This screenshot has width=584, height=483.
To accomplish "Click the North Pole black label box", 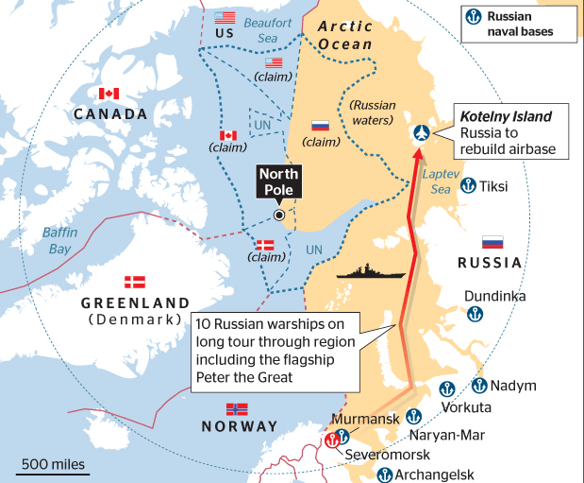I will pyautogui.click(x=278, y=181).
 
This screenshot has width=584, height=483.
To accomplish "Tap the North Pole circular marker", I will pyautogui.click(x=279, y=216).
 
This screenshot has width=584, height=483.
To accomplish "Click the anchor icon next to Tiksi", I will pyautogui.click(x=467, y=186).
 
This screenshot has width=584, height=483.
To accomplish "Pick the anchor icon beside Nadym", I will pyautogui.click(x=479, y=385).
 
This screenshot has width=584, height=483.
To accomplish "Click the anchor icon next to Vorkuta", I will pyautogui.click(x=449, y=388).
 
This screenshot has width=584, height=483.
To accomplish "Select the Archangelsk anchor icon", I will pyautogui.click(x=384, y=474).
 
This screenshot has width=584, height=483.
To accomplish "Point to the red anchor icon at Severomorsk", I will pyautogui.click(x=331, y=440).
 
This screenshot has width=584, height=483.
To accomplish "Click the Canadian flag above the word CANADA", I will pyautogui.click(x=109, y=94).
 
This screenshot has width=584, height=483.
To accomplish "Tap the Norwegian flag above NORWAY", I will pyautogui.click(x=237, y=409).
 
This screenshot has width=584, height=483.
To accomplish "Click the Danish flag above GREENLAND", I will pyautogui.click(x=136, y=282).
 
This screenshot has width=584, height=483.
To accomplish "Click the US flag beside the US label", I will pyautogui.click(x=225, y=18).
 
